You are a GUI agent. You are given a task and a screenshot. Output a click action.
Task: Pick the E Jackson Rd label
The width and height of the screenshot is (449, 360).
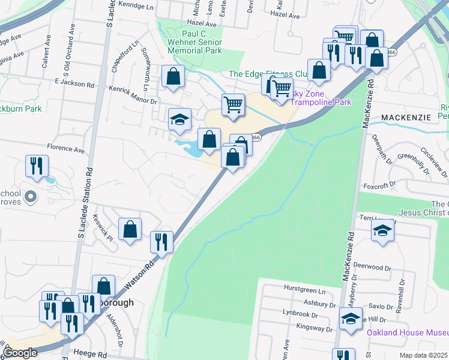tap(74, 84)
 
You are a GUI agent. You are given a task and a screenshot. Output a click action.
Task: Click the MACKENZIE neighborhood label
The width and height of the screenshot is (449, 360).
tap(406, 118)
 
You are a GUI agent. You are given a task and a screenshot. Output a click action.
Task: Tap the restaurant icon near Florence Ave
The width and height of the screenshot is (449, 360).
tap(37, 165)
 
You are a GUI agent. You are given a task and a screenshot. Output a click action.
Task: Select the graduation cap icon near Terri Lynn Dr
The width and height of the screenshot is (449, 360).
tap(382, 230)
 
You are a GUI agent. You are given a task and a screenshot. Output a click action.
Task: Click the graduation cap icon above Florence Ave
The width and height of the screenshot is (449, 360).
tap(179, 119)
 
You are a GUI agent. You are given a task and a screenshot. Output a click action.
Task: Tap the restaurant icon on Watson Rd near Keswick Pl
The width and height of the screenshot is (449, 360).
tap(161, 242)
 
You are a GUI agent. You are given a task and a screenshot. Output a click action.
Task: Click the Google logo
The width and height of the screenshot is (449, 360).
tap(20, 353)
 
